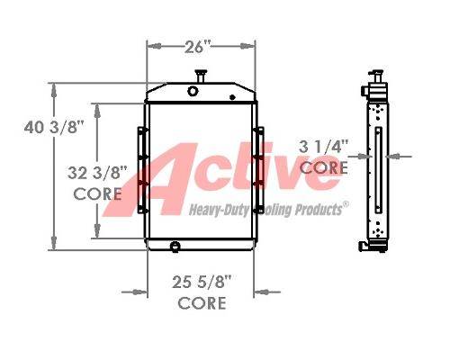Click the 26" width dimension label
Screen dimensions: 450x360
[x=198, y=47]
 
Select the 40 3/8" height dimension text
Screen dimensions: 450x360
[x=54, y=128]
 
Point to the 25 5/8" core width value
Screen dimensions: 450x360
[x=202, y=283]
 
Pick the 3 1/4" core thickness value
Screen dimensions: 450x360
[x=323, y=147]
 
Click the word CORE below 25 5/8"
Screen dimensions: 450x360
[x=202, y=303]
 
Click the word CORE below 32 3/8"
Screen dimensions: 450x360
[x=98, y=194]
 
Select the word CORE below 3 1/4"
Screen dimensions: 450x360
[x=324, y=167]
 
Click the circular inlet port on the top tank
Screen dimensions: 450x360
[x=193, y=91]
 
